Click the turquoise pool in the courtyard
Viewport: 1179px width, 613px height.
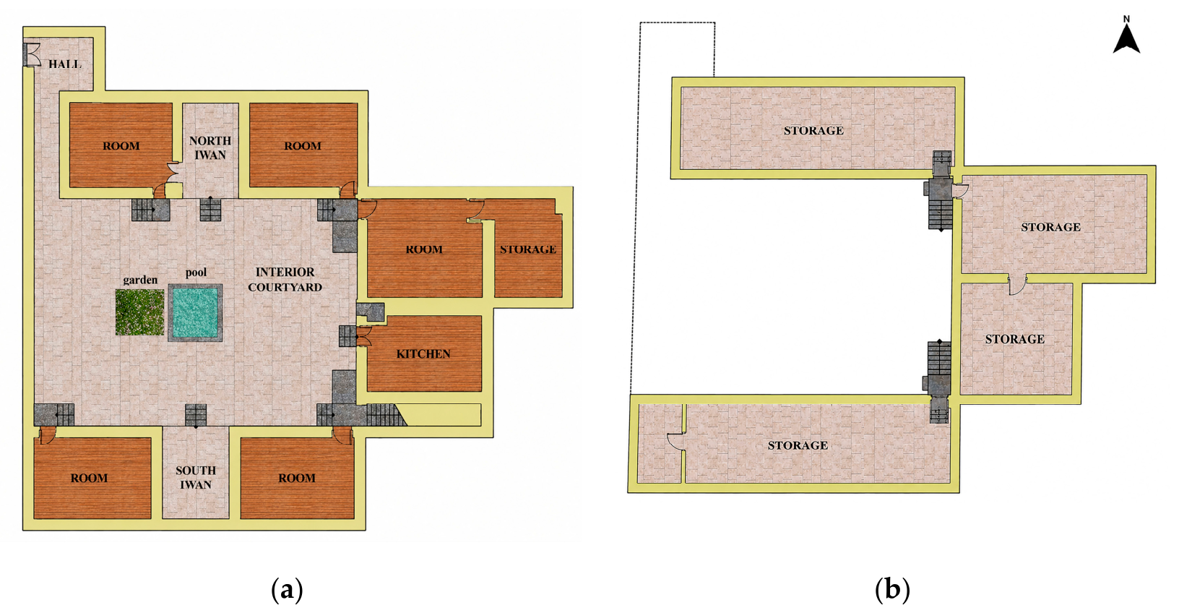tap(195, 313)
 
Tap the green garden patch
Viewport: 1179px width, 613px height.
tap(140, 312)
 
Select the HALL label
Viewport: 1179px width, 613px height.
tap(65, 64)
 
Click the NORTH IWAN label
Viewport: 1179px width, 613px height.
tap(210, 148)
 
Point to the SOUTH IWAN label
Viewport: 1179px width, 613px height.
tap(196, 478)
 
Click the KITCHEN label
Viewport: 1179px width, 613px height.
tap(423, 354)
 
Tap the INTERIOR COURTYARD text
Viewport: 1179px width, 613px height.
tap(285, 280)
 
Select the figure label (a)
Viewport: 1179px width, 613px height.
tap(287, 589)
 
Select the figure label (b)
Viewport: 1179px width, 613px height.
tap(892, 589)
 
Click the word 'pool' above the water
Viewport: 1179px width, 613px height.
tap(196, 273)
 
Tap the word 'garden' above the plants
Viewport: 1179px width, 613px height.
tap(140, 280)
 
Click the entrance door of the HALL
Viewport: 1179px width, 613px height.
tap(32, 54)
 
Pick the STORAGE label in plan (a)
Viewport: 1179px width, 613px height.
tap(528, 249)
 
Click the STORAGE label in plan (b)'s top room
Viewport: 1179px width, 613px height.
tap(813, 131)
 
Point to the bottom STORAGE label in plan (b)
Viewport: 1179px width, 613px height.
tap(798, 445)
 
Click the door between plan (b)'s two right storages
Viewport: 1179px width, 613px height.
tap(1018, 284)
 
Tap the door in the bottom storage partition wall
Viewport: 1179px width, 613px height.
tap(676, 442)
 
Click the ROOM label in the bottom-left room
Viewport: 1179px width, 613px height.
tap(89, 478)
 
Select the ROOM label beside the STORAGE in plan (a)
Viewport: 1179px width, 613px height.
tap(424, 249)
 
